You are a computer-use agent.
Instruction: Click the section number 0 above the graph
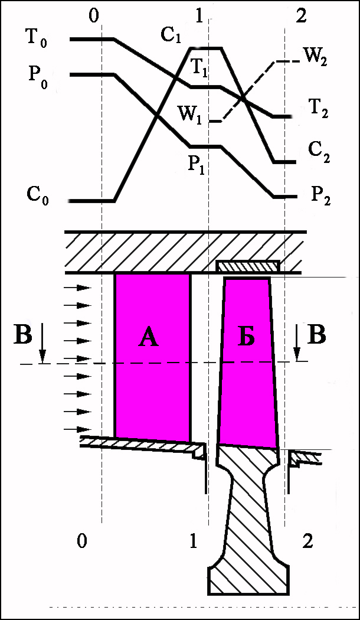[x=94, y=16]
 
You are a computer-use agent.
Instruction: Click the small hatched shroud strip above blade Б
[x=247, y=267]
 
